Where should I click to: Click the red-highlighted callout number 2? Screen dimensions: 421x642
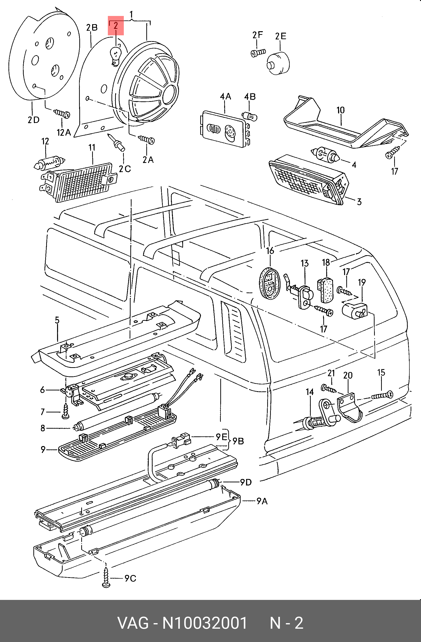[x=116, y=26]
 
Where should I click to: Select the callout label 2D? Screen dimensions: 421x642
[x=33, y=119]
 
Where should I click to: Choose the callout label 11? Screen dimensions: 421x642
[x=92, y=147]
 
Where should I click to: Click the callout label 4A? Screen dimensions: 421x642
[x=225, y=96]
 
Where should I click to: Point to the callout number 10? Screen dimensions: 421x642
[x=340, y=110]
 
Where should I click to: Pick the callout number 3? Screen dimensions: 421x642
[x=359, y=202]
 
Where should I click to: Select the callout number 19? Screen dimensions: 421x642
[x=362, y=283]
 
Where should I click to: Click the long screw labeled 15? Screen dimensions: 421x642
[x=382, y=395]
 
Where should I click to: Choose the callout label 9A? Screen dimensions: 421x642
[x=262, y=501]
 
